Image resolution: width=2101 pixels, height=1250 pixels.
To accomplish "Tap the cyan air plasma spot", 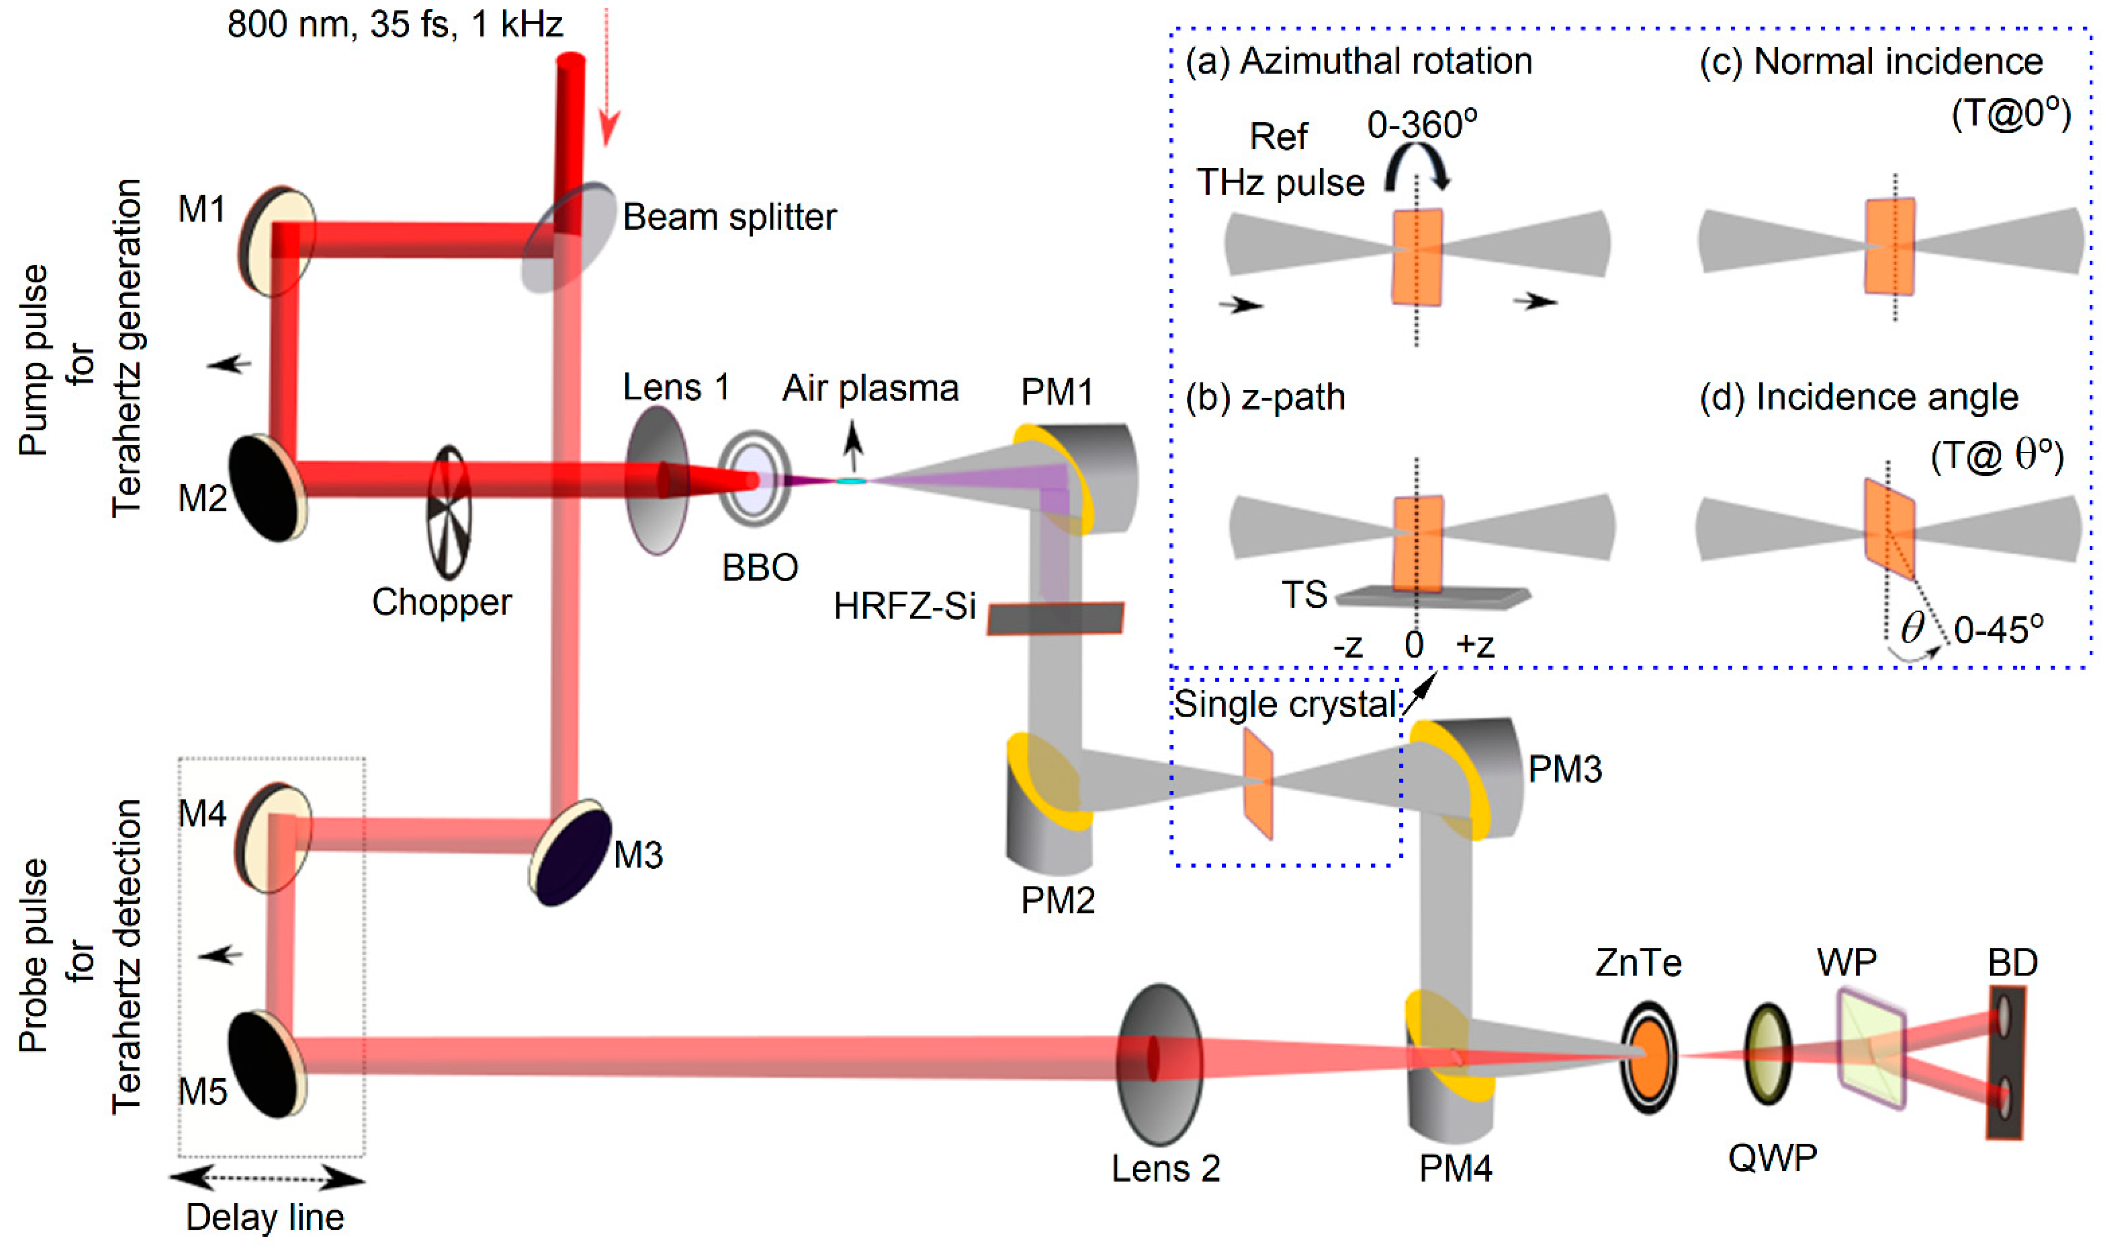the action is tap(851, 481).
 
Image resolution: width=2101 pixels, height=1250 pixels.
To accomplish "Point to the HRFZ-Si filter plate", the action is tap(1055, 618).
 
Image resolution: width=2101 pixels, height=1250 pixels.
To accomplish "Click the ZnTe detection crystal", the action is tap(1649, 1056).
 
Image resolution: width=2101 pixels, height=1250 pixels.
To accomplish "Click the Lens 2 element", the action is tap(1159, 1064).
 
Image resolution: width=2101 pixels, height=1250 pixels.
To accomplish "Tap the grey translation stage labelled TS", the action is tap(1432, 597).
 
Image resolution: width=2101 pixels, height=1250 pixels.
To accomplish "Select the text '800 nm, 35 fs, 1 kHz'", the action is tap(395, 25).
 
